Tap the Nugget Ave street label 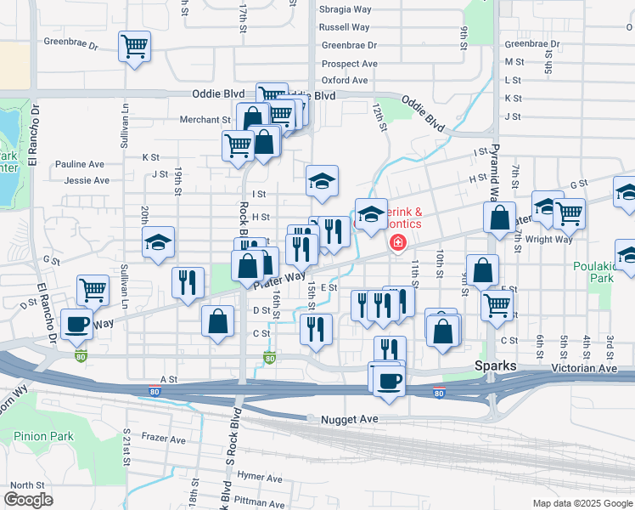[348, 420]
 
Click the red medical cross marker [396, 244]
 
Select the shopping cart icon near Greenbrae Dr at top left [134, 46]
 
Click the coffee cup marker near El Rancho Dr [77, 325]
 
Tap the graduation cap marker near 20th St [158, 242]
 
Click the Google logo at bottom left [29, 499]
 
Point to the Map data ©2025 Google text [582, 503]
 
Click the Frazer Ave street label [164, 440]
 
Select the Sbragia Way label [346, 9]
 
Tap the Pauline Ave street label [79, 164]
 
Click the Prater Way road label [279, 280]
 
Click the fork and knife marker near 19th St [188, 282]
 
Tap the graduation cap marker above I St [322, 180]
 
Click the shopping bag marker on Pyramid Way [500, 217]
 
